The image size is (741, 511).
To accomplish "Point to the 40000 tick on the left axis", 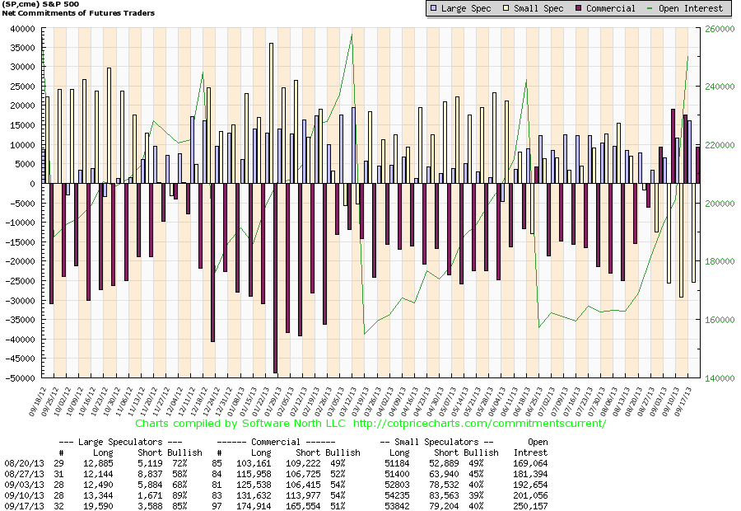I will pyautogui.click(x=21, y=28).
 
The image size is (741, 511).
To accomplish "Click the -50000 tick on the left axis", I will pyautogui.click(x=18, y=378).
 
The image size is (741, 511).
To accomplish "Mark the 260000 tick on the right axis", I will pyautogui.click(x=721, y=28).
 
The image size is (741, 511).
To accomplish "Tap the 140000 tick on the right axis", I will pyautogui.click(x=721, y=378).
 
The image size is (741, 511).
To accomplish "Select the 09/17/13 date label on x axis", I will pyautogui.click(x=691, y=399).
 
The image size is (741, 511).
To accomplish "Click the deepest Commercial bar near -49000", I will pyautogui.click(x=275, y=278).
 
